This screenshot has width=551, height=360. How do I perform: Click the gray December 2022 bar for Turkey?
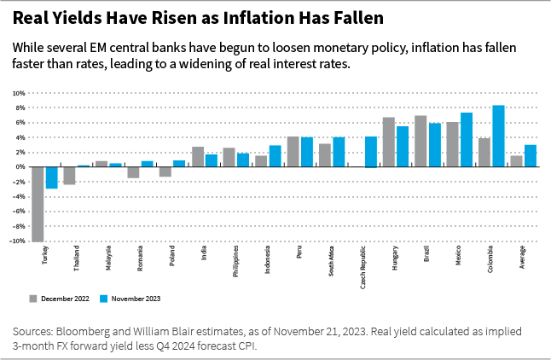point(38,204)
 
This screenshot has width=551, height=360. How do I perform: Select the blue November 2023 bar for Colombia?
point(498,136)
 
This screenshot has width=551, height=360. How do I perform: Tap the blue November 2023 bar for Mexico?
point(467,139)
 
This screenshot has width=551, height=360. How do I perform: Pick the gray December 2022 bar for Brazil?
point(420,141)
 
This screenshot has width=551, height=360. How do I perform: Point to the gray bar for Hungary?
point(389,142)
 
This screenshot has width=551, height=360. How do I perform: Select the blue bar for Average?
point(531,155)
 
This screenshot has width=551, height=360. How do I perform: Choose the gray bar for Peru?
point(293,151)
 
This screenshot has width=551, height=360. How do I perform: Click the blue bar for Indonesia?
point(275,155)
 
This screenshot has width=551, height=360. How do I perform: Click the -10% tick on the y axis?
point(17,241)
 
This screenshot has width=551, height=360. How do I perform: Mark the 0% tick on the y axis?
point(20,166)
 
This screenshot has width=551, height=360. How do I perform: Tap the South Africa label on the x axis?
point(331,259)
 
